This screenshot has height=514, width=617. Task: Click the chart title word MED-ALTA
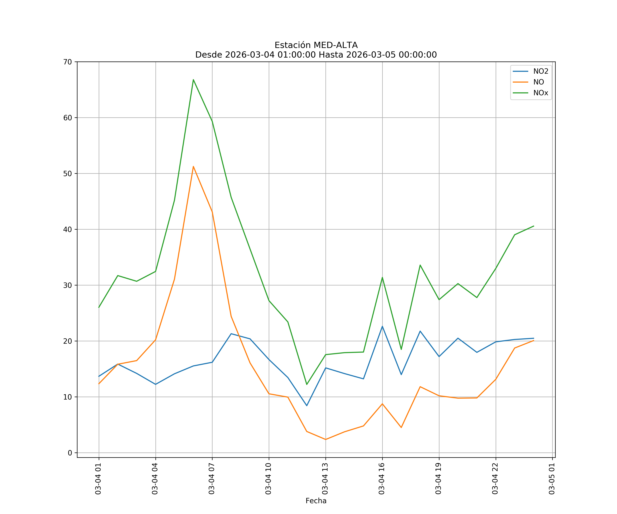pyautogui.click(x=336, y=45)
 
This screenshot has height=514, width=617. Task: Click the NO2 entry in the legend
pyautogui.click(x=541, y=71)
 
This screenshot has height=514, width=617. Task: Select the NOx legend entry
pyautogui.click(x=541, y=93)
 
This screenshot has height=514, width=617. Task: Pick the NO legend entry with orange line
pyautogui.click(x=539, y=82)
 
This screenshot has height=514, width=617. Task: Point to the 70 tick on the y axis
pyautogui.click(x=68, y=62)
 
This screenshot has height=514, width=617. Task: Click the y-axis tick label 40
pyautogui.click(x=68, y=229)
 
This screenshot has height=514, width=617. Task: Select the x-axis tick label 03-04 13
pyautogui.click(x=325, y=479)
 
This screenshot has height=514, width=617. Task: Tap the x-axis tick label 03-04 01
pyautogui.click(x=98, y=479)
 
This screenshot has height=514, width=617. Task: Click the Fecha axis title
pyautogui.click(x=316, y=501)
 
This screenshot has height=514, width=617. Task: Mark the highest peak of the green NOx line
pyautogui.click(x=193, y=80)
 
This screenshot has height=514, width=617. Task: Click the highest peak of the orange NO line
pyautogui.click(x=193, y=167)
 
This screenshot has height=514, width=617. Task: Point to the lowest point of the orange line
pyautogui.click(x=325, y=439)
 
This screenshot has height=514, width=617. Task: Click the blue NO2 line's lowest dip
pyautogui.click(x=307, y=406)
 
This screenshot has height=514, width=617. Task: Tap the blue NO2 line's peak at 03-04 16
pyautogui.click(x=382, y=326)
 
